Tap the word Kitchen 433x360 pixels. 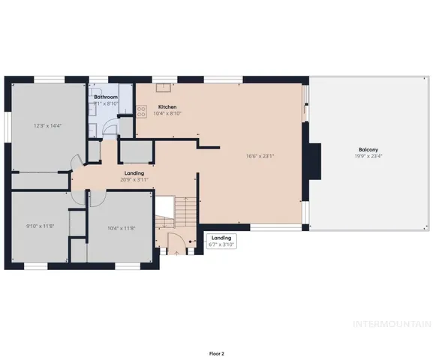(167, 106)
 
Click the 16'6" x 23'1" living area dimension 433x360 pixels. (260, 157)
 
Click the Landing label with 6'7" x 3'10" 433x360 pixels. (221, 241)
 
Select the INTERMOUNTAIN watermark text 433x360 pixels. (392, 324)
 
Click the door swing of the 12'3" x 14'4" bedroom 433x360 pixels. (75, 162)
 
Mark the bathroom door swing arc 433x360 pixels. (110, 129)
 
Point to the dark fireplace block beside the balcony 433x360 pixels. (317, 158)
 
